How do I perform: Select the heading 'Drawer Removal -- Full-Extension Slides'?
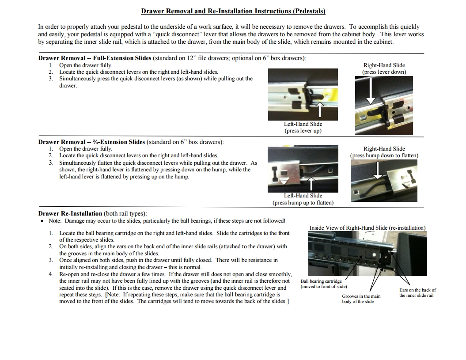pos(95,58)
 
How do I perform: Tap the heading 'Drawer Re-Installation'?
pos(70,214)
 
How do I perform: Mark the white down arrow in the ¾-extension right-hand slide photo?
pos(378,170)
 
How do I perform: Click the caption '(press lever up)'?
pos(303,131)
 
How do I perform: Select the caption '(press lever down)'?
pos(384,72)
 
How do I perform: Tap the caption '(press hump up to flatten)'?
pos(303,203)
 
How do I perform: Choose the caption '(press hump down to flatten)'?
pos(384,155)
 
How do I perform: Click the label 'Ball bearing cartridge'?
pos(321,281)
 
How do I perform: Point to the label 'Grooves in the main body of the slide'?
pos(360,299)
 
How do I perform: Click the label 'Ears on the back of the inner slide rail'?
pos(417,293)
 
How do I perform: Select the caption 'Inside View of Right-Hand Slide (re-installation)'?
pos(367,228)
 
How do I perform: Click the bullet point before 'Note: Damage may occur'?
pos(42,221)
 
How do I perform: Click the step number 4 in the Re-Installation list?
pos(51,274)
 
